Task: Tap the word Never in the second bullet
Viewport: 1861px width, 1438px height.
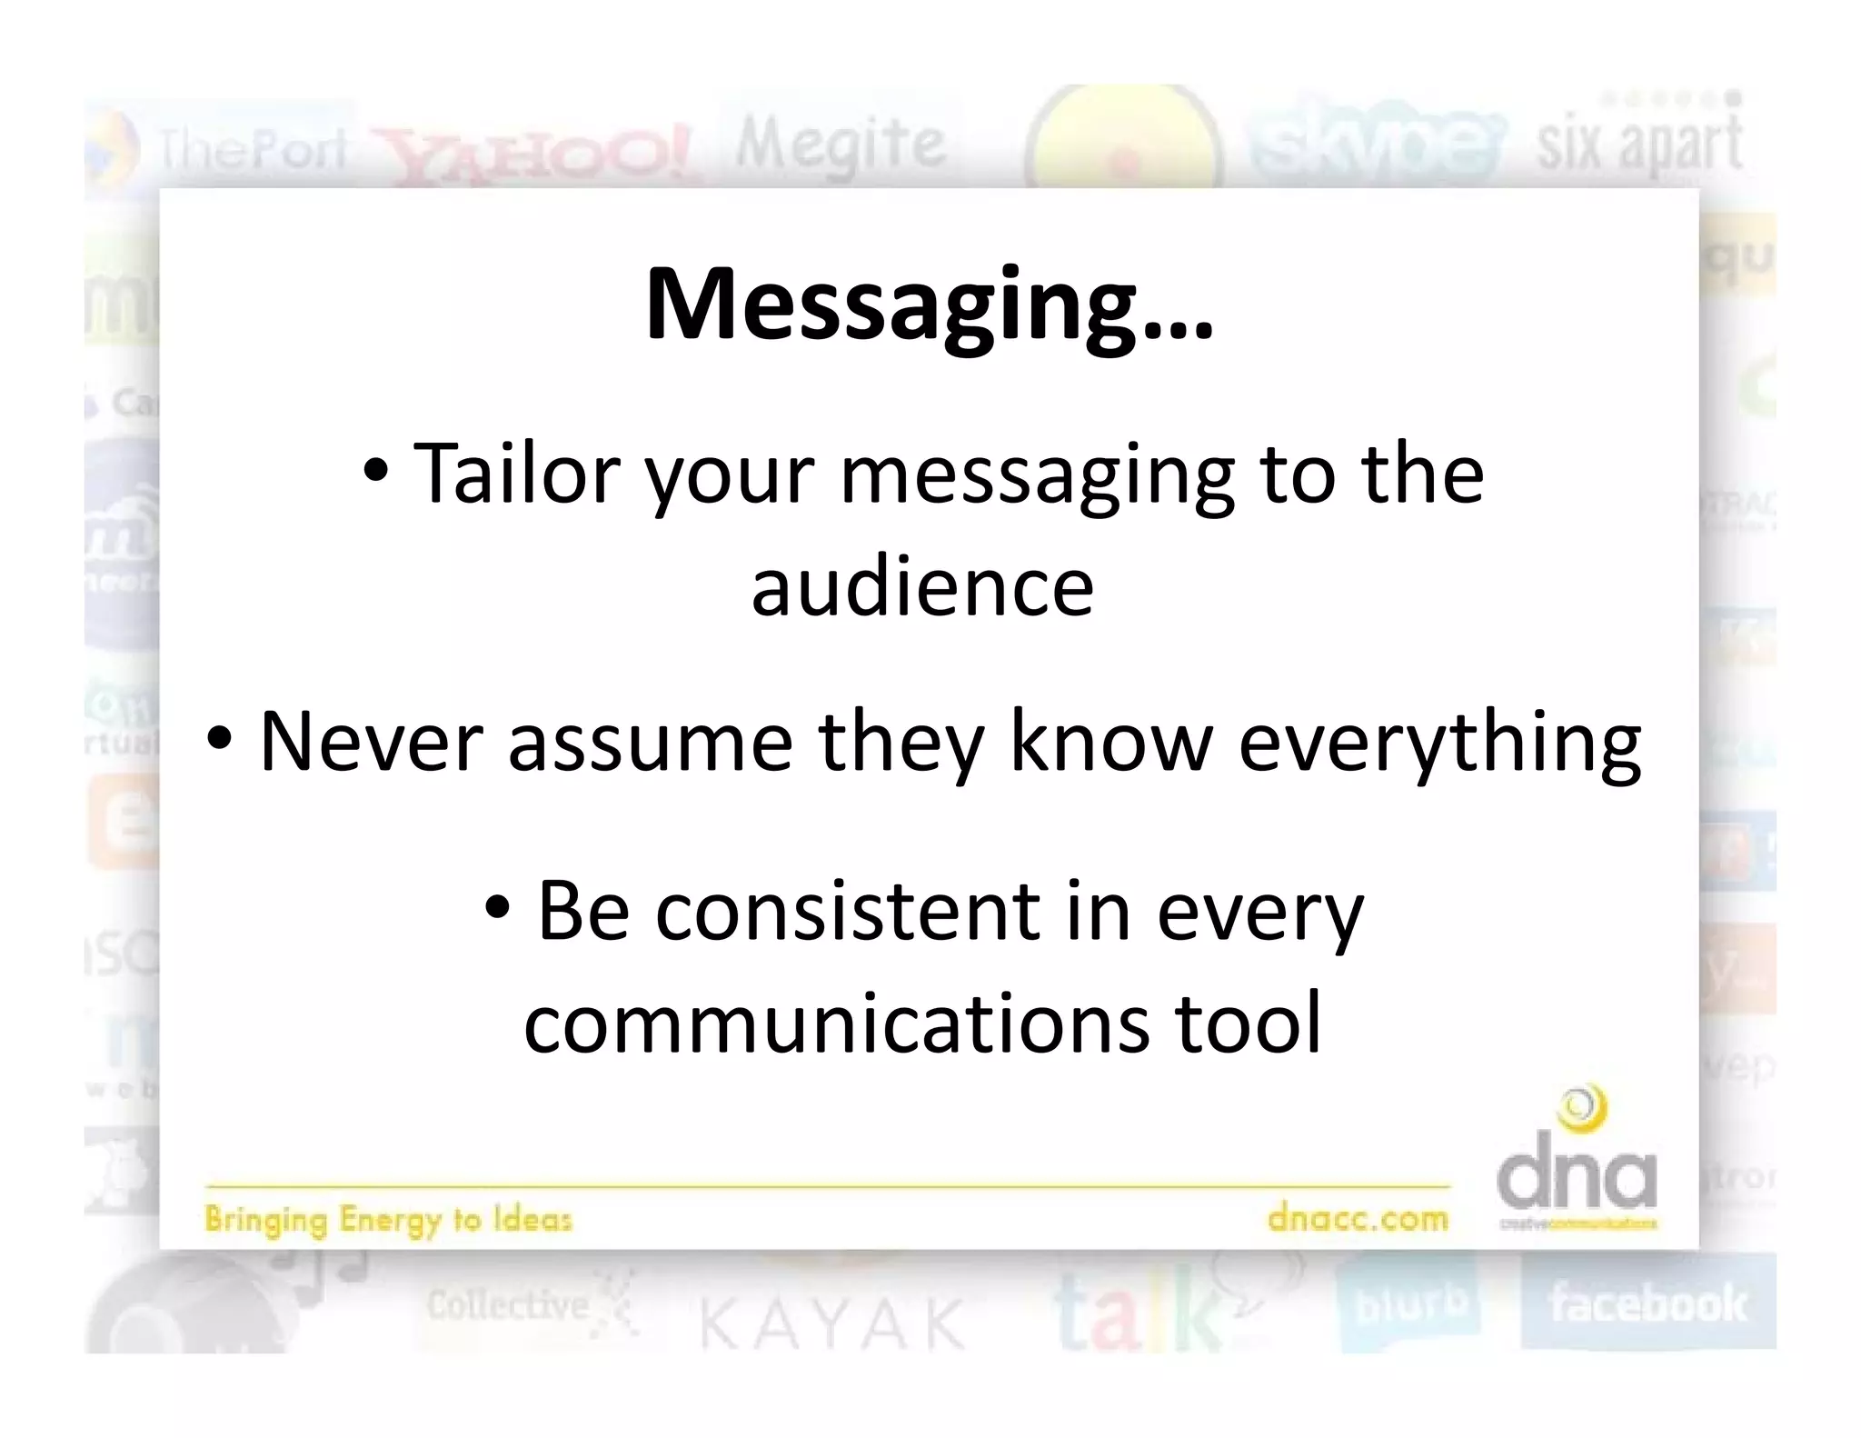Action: click(x=369, y=742)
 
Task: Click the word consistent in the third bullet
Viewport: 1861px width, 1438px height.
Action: click(x=847, y=911)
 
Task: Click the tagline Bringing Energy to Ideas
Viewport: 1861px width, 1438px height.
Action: click(x=388, y=1219)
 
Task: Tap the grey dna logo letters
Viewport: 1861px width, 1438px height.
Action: click(x=1577, y=1178)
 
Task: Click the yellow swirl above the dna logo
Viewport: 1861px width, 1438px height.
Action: click(x=1582, y=1110)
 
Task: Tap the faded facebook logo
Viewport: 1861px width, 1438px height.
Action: click(x=1647, y=1303)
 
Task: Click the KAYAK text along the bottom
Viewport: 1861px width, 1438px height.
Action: click(x=831, y=1323)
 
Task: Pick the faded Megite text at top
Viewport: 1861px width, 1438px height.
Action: click(x=841, y=145)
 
